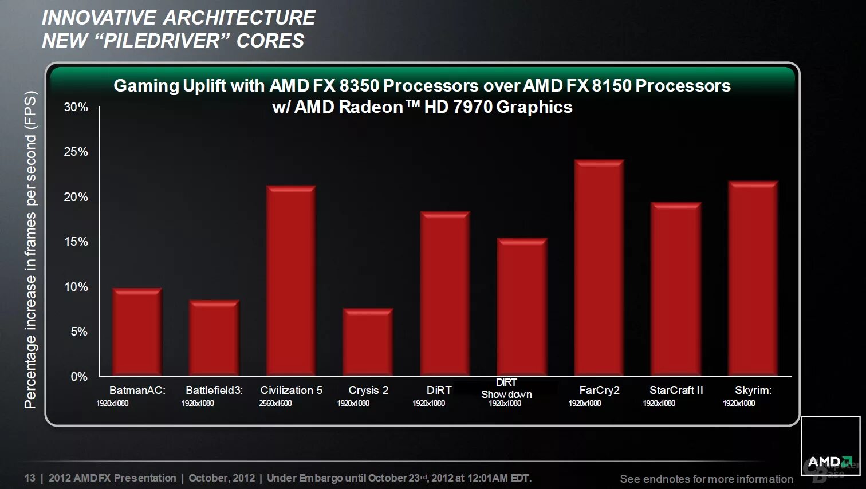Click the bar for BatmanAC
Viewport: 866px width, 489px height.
pyautogui.click(x=137, y=332)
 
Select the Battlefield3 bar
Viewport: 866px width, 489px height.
pyautogui.click(x=214, y=338)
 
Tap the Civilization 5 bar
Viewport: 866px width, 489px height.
pyautogui.click(x=291, y=281)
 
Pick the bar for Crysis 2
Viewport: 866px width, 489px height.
pyautogui.click(x=368, y=342)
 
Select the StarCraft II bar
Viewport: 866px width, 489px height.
pyautogui.click(x=676, y=289)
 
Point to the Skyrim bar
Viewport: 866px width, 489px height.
pyautogui.click(x=753, y=278)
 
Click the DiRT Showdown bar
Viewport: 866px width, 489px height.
pyautogui.click(x=522, y=307)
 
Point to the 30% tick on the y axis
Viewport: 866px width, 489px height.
pyautogui.click(x=76, y=107)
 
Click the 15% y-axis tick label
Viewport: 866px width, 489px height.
pyautogui.click(x=76, y=242)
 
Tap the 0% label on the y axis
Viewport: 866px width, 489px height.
pyautogui.click(x=79, y=377)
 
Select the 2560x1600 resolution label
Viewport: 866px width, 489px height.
pyautogui.click(x=275, y=403)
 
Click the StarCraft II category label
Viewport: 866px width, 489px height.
pyautogui.click(x=676, y=390)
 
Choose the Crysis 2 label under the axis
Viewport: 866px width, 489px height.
pyautogui.click(x=368, y=390)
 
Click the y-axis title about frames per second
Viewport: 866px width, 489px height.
pyautogui.click(x=30, y=250)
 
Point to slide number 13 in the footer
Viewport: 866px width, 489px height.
pyautogui.click(x=30, y=478)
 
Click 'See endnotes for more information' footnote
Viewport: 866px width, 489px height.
pyautogui.click(x=706, y=479)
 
